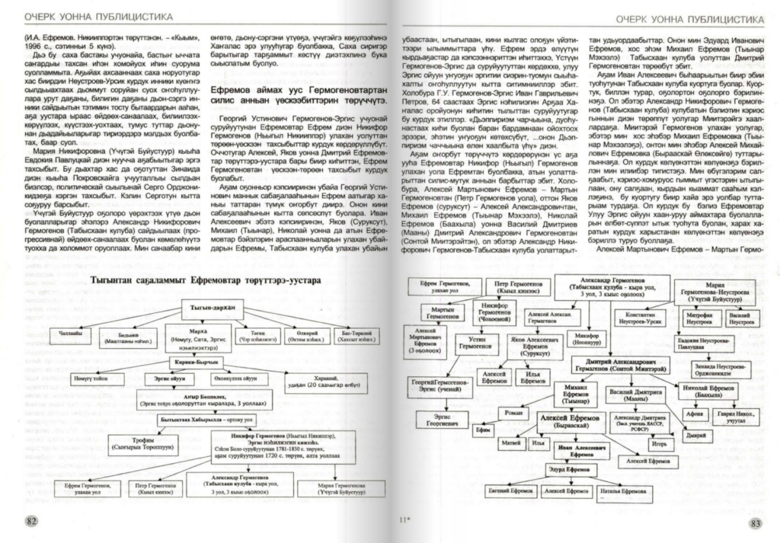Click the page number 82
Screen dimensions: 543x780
(31, 521)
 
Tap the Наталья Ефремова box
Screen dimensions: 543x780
(627, 492)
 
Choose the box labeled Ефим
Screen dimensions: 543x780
(482, 430)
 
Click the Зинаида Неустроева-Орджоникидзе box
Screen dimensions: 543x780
(711, 366)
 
